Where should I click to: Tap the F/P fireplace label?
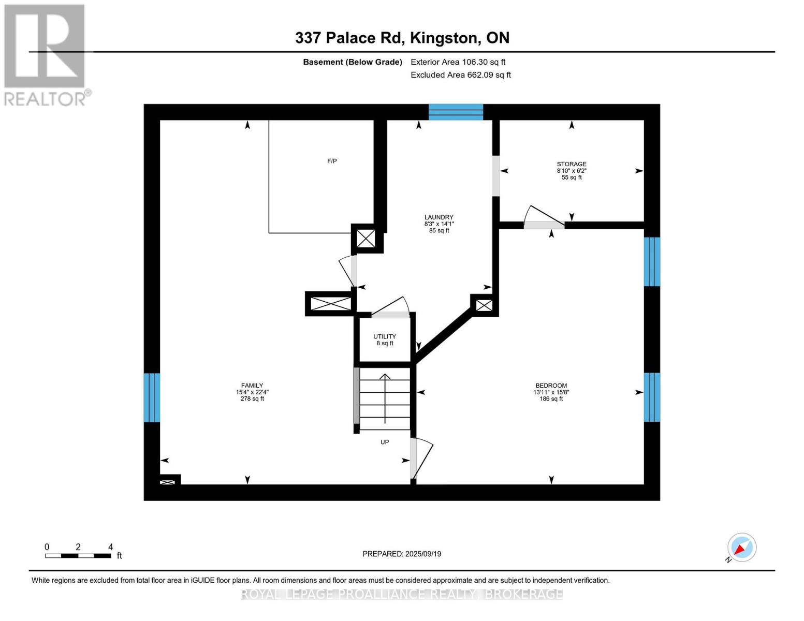point(332,161)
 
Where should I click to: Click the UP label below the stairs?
point(385,442)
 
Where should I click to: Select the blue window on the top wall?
point(456,112)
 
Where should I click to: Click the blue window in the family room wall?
point(152,397)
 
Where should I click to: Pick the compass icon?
point(741,548)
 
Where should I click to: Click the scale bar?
point(78,555)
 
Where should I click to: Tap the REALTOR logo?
point(45,55)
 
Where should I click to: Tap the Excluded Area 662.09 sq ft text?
point(461,75)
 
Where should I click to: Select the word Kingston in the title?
point(444,38)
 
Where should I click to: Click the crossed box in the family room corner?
point(167,482)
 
